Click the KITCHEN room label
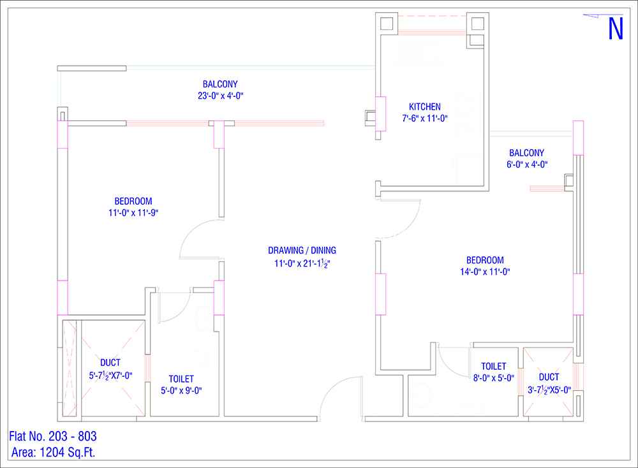click(x=424, y=107)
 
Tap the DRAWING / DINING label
click(x=302, y=251)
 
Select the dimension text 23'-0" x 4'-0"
click(x=221, y=96)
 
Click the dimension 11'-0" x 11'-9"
click(x=133, y=213)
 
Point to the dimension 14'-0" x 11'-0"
click(x=485, y=272)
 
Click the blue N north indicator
click(x=616, y=28)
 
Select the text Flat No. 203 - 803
click(x=53, y=436)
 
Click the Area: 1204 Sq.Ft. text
click(x=54, y=452)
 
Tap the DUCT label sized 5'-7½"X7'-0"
click(x=110, y=363)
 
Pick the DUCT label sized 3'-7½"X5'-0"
click(x=549, y=377)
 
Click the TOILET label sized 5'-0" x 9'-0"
click(x=181, y=379)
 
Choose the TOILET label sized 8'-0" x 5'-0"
click(x=494, y=367)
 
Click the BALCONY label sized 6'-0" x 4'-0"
click(x=526, y=153)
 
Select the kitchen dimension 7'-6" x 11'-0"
click(x=425, y=119)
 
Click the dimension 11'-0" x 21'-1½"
click(x=302, y=263)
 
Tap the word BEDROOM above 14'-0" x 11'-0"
click(x=485, y=260)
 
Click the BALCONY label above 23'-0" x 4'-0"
click(x=220, y=85)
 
